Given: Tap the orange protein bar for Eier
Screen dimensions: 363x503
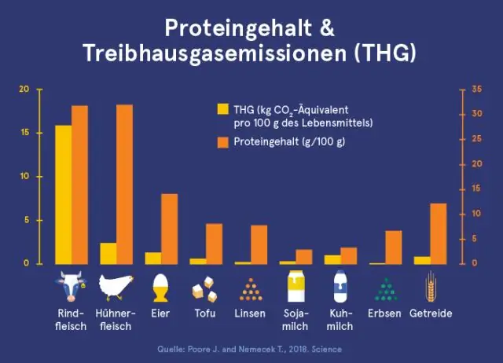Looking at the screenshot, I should pyautogui.click(x=170, y=228).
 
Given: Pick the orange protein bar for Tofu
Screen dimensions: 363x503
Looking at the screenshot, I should pyautogui.click(x=215, y=244).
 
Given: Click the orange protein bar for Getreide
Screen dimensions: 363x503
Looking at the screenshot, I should pyautogui.click(x=439, y=233).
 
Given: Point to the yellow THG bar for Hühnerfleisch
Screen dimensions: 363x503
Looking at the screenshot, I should pyautogui.click(x=108, y=253).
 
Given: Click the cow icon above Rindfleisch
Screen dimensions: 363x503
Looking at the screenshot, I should pyautogui.click(x=71, y=287).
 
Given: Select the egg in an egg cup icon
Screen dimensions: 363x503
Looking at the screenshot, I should pyautogui.click(x=160, y=287).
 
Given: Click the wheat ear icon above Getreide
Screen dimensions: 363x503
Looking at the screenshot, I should pyautogui.click(x=431, y=287).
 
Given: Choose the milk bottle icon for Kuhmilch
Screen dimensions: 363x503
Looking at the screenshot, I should pyautogui.click(x=340, y=287).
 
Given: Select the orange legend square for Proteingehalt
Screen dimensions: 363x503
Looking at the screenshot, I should pyautogui.click(x=222, y=142).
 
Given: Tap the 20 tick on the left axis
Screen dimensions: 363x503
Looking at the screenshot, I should pyautogui.click(x=24, y=90).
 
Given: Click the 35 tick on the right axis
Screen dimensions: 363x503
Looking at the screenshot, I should pyautogui.click(x=475, y=90).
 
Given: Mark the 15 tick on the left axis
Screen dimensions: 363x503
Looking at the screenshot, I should pyautogui.click(x=24, y=133).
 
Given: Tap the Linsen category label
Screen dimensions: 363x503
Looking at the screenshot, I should pyautogui.click(x=250, y=313).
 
